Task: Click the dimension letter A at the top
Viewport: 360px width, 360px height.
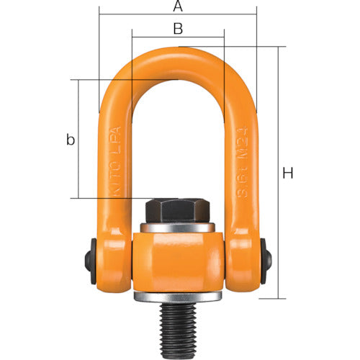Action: [x=177, y=6]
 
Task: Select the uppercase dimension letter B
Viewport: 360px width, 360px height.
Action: [x=178, y=29]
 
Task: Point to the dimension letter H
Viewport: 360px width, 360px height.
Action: [x=288, y=173]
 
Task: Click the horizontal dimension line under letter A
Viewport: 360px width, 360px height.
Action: [x=177, y=14]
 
